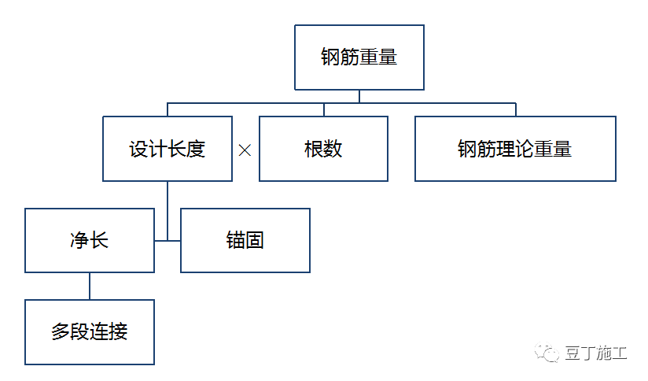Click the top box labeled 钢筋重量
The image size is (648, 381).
[x=359, y=57]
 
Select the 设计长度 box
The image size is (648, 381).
[x=168, y=149]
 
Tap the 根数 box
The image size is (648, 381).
[x=323, y=149]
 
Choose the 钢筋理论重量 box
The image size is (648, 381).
[x=515, y=149]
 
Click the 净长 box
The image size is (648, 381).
[x=89, y=240]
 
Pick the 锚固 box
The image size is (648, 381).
[x=245, y=240]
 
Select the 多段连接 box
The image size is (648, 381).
[x=89, y=331]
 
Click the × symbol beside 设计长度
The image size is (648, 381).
[x=245, y=150]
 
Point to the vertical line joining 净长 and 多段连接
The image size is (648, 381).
[x=89, y=286]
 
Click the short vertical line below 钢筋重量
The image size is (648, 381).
[x=359, y=96]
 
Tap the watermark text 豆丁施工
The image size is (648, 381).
[x=596, y=353]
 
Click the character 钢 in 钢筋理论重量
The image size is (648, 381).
[x=467, y=149]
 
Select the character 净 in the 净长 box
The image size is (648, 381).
[x=79, y=240]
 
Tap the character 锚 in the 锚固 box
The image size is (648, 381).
[x=236, y=240]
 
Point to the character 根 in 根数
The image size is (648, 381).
[x=314, y=149]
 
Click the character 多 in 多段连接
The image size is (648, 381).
[x=61, y=331]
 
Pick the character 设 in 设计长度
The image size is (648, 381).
[x=139, y=149]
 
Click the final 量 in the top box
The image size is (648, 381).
[x=388, y=57]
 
